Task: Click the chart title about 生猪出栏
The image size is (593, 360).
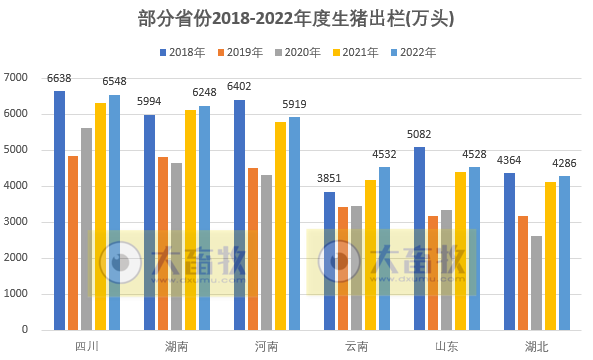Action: click(296, 19)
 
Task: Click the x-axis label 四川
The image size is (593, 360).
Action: click(87, 347)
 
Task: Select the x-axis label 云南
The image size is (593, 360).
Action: click(356, 347)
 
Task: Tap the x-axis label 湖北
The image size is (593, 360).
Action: click(537, 347)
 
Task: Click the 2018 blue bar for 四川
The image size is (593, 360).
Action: click(60, 210)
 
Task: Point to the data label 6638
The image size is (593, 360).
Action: click(59, 78)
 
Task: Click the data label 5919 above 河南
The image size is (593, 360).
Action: click(295, 104)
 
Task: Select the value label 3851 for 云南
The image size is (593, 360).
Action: click(330, 179)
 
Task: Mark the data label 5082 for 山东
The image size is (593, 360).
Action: click(419, 134)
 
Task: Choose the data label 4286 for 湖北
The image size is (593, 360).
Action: click(564, 163)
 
